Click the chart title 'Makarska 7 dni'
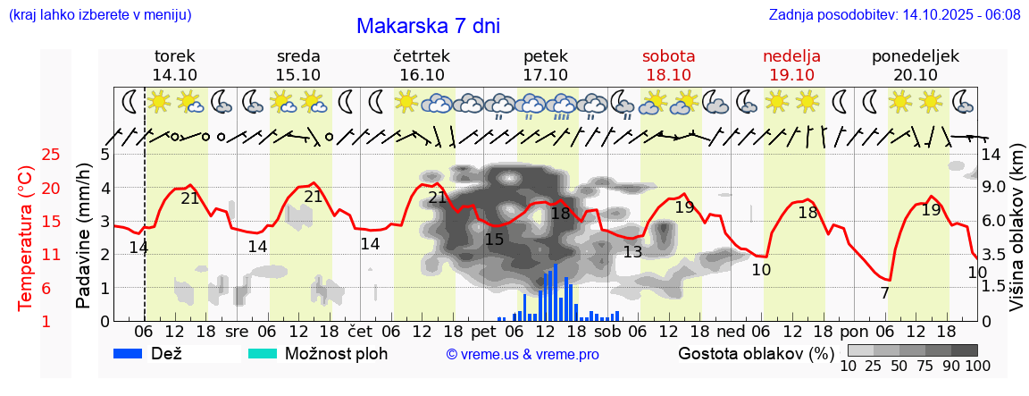tap(428, 26)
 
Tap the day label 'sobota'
tap(668, 55)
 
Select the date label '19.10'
tap(791, 74)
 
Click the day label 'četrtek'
tap(422, 55)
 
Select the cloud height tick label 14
tap(991, 154)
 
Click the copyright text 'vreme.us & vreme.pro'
tap(523, 355)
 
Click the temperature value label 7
tap(884, 293)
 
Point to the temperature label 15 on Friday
tap(494, 239)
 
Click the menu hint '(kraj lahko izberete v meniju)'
tap(100, 15)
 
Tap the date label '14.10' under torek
tap(175, 74)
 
